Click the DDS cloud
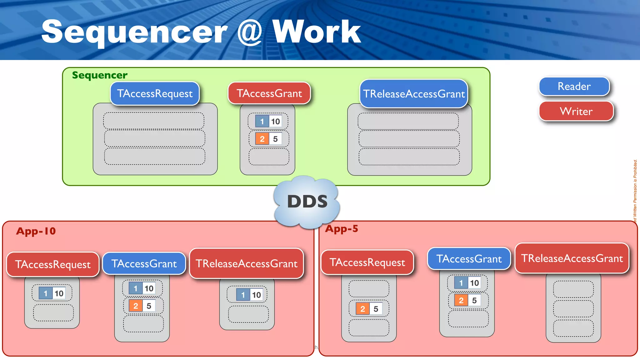click(x=307, y=202)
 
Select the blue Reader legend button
click(x=574, y=86)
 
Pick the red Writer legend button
click(x=576, y=111)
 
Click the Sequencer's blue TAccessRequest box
click(x=155, y=93)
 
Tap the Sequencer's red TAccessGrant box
click(x=269, y=93)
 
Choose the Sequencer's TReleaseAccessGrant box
click(x=413, y=94)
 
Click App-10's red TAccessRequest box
click(x=53, y=264)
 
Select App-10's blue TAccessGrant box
click(x=144, y=263)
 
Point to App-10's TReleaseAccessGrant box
click(x=247, y=263)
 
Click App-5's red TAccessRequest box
click(x=367, y=262)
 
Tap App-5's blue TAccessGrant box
click(x=469, y=258)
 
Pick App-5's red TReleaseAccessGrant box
click(x=572, y=258)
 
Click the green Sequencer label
click(x=100, y=75)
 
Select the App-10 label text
click(x=36, y=231)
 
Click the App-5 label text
click(x=342, y=229)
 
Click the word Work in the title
click(x=316, y=32)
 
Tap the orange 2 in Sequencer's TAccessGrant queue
click(x=262, y=139)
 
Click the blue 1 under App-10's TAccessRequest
click(x=46, y=293)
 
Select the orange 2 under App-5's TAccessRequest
click(x=362, y=309)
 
